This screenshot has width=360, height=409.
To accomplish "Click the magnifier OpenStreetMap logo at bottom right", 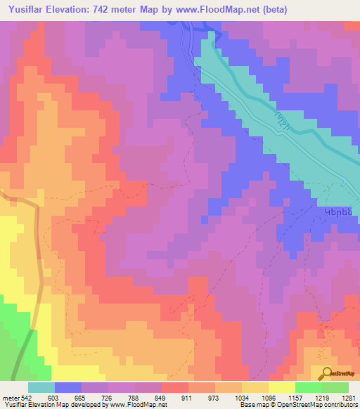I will (337, 375).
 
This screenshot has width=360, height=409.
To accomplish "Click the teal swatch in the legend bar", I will (41, 387).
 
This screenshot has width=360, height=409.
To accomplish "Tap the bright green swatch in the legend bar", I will (308, 387).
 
